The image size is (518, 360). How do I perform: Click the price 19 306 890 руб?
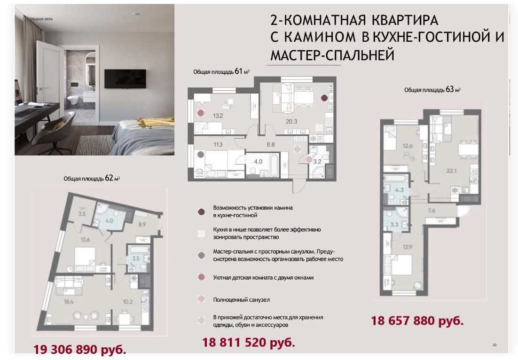coord(80,349)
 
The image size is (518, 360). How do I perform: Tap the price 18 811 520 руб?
coord(249,342)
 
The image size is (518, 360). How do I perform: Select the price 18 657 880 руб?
coord(417,321)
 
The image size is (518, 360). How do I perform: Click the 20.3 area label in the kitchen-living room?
coord(291,122)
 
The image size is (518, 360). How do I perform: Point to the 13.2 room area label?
coord(218,116)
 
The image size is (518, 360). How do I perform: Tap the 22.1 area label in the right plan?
coord(451,171)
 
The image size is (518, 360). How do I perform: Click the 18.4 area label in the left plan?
coord(68,301)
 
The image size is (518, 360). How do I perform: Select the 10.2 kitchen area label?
coord(127,302)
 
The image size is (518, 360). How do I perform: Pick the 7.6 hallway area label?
coord(431,211)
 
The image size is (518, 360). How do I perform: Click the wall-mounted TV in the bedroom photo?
coord(125,79)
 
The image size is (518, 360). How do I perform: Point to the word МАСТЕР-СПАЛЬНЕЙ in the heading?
coord(332,55)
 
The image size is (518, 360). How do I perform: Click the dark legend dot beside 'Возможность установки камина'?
coord(201,212)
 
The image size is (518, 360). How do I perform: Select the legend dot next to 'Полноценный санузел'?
coord(201,299)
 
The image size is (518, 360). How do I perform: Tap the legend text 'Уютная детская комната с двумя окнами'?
coord(263,278)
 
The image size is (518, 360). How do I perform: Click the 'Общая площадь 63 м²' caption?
coord(432,89)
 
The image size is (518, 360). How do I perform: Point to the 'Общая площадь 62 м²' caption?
coord(92,178)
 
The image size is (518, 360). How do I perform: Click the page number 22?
coord(494,345)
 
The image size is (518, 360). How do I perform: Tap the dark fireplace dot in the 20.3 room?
coord(324,98)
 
